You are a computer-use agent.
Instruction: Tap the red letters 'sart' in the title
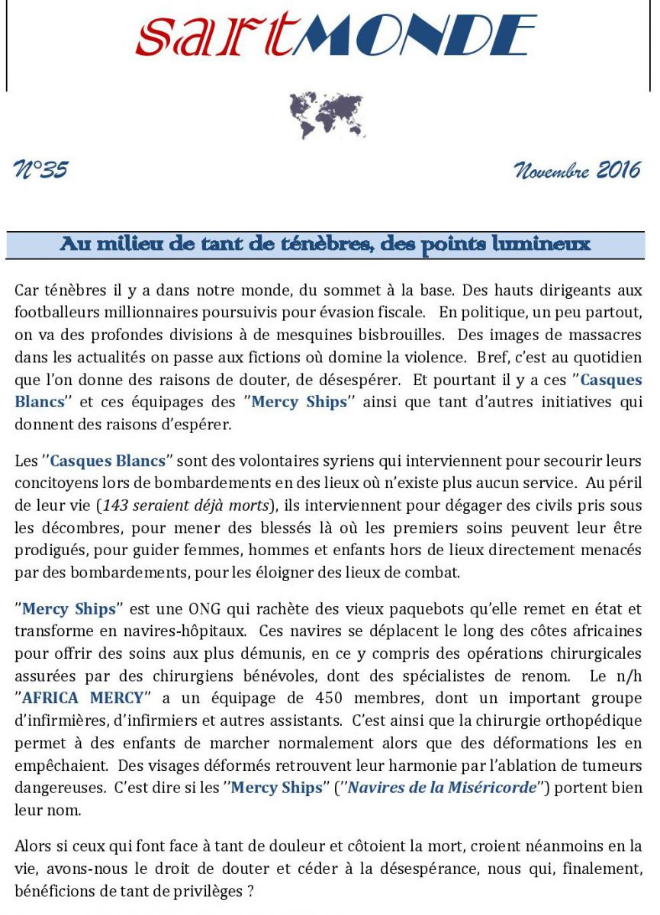pyautogui.click(x=215, y=36)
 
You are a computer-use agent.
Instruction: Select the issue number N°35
pyautogui.click(x=40, y=170)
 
